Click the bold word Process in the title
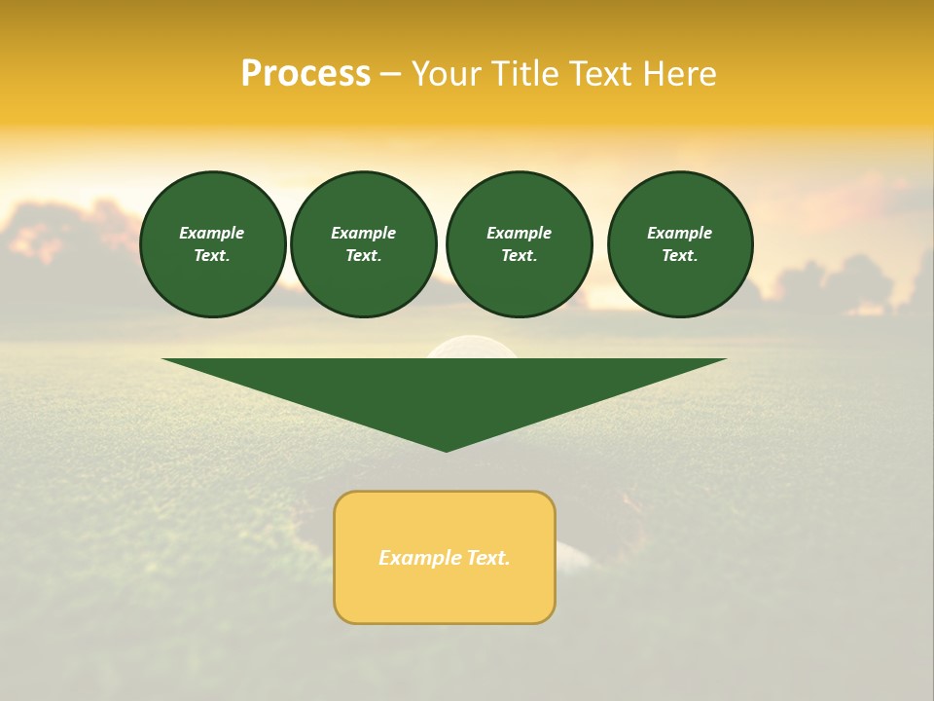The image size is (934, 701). pos(305,74)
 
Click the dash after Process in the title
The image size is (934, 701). pos(391,76)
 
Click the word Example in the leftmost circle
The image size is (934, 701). pos(212,233)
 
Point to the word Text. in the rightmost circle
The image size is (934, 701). pos(680,255)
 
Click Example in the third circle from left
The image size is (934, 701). pos(519,233)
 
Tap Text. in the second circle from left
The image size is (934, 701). pos(364,255)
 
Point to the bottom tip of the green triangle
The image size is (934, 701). pos(446,449)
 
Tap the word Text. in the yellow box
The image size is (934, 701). pos(487,558)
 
